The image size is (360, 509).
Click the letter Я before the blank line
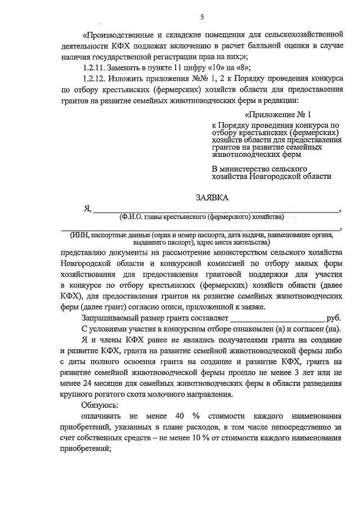coord(87,209)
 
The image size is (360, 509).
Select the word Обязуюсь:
coord(102,404)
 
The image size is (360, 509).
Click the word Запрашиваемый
coord(114,318)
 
